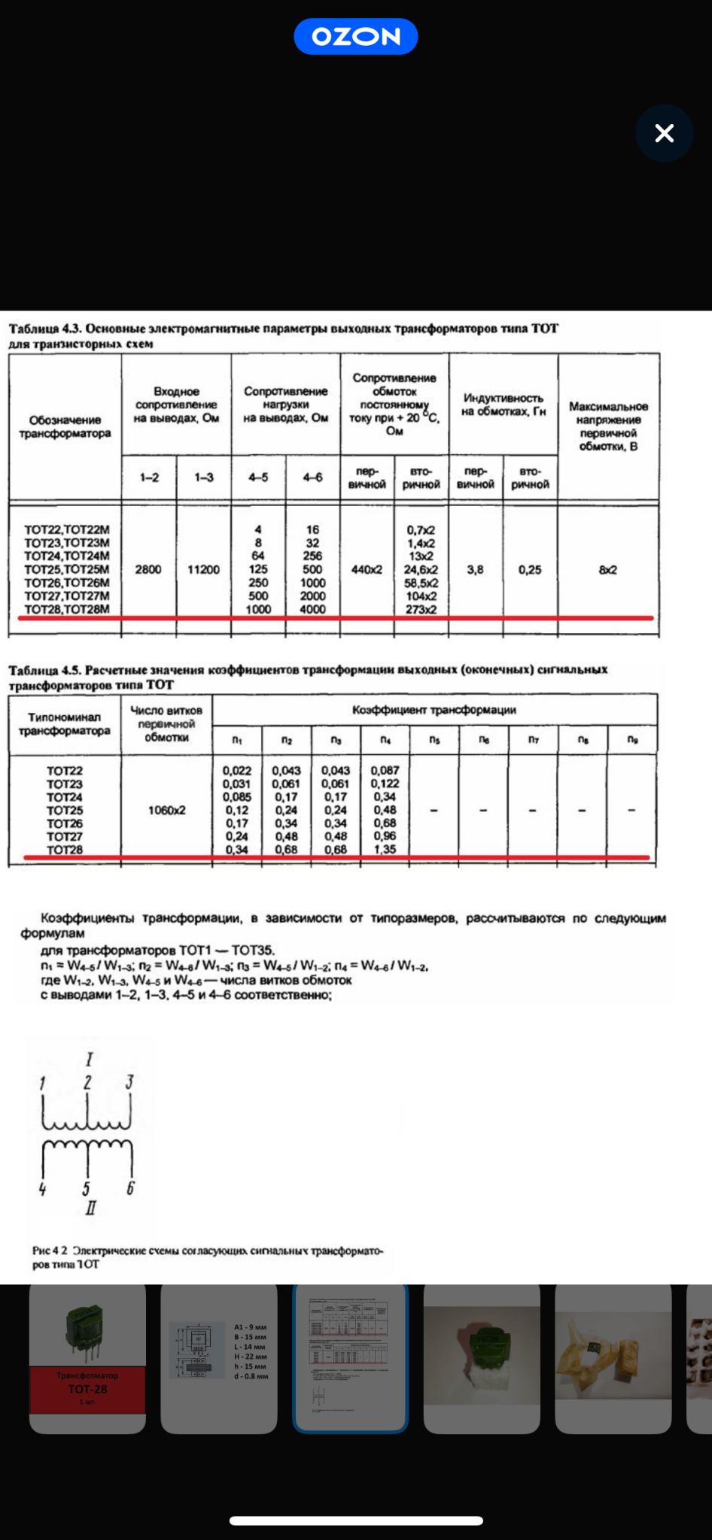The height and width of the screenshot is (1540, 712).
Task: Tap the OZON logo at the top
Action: click(x=355, y=37)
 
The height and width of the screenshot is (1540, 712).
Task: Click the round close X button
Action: click(x=664, y=134)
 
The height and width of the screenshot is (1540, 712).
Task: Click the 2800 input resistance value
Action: click(x=148, y=570)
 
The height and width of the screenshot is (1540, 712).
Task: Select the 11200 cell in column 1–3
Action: click(x=203, y=570)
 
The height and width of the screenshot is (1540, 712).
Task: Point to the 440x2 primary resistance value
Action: click(x=367, y=570)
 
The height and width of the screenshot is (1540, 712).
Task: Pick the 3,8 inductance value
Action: click(x=475, y=570)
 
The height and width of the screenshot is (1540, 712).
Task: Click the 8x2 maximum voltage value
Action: click(x=608, y=570)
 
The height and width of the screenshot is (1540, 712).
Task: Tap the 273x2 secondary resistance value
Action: click(x=421, y=610)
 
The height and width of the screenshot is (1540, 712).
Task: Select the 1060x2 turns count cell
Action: click(x=166, y=811)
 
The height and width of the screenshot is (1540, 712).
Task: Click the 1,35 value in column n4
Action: click(x=385, y=850)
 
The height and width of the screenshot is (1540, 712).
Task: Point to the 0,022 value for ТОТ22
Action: click(x=237, y=771)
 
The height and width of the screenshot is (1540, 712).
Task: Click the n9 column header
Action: click(x=632, y=740)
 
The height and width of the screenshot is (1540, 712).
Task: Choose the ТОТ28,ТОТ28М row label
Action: click(x=66, y=610)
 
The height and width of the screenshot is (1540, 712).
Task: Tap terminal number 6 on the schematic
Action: click(x=130, y=1189)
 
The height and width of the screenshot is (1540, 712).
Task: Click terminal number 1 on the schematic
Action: click(x=42, y=1084)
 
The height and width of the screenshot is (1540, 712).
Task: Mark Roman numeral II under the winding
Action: click(x=90, y=1208)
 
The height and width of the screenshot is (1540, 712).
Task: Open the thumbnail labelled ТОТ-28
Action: click(x=87, y=1359)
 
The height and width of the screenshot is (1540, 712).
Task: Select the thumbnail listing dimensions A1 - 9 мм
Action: click(x=219, y=1359)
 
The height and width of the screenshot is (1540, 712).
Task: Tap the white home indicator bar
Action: click(x=356, y=1520)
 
